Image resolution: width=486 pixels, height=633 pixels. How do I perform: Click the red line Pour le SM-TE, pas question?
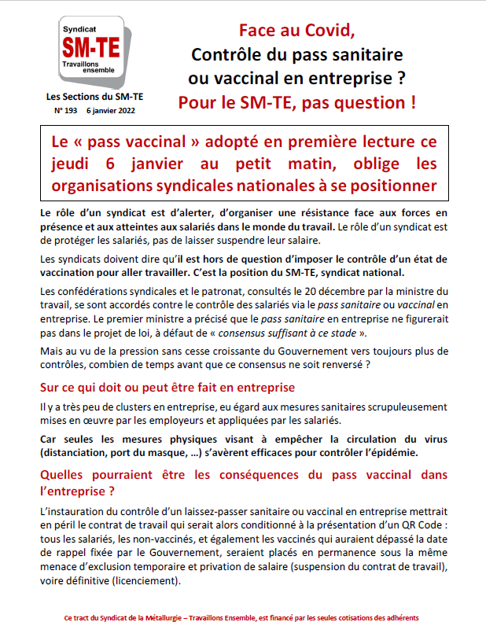[x=296, y=102]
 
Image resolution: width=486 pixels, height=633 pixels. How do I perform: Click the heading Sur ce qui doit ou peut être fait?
[x=167, y=388]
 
